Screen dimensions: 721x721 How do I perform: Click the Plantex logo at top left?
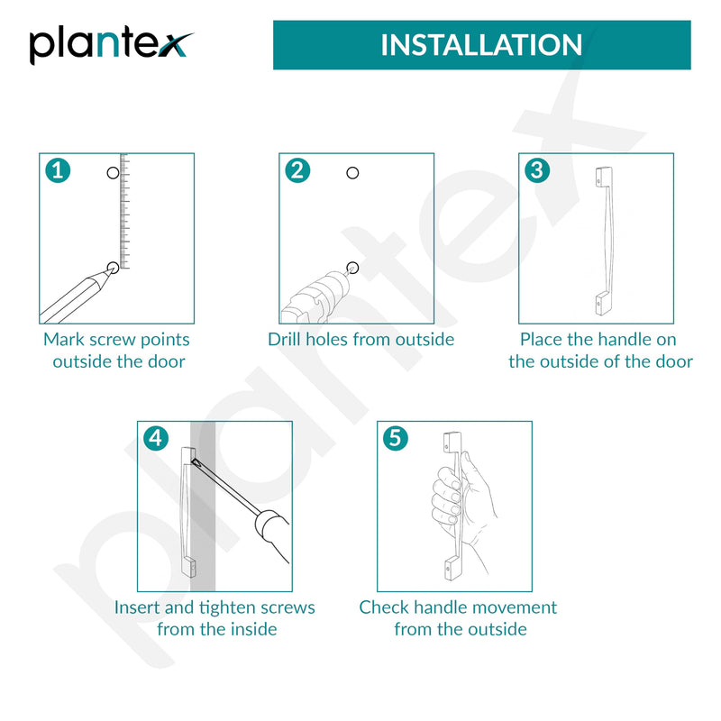pos(110,47)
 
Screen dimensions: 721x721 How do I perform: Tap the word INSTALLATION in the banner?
pos(481,45)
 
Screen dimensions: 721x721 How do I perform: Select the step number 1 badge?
pos(58,170)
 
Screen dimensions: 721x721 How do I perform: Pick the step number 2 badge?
pos(297,170)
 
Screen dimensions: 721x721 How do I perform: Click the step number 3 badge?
pos(537,170)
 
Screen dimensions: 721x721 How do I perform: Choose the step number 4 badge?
pos(156,438)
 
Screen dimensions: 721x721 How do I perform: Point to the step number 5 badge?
pos(396,438)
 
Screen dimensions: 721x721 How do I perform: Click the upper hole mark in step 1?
pos(113,173)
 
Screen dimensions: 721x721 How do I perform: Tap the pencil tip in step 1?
pos(110,271)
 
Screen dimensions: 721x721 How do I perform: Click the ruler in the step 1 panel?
pos(124,211)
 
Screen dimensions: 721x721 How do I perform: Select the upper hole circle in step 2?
pos(352,173)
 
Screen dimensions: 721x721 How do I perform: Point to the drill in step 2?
pos(317,296)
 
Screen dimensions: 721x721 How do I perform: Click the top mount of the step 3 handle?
pos(604,177)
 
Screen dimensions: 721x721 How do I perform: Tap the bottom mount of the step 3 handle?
pos(604,304)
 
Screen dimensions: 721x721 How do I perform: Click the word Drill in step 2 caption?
pos(284,340)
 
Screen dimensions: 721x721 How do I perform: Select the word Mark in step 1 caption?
pos(63,340)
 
